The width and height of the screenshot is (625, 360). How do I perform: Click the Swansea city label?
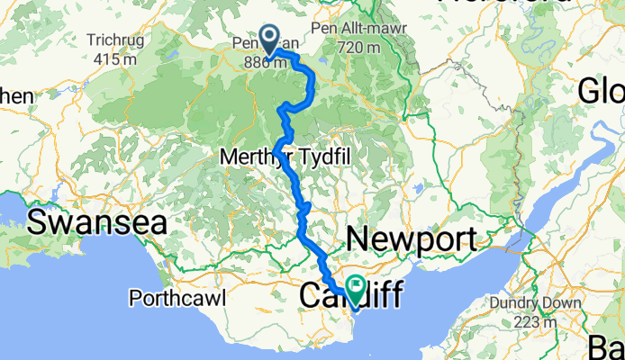(98, 221)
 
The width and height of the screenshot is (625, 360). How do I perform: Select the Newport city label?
(411, 239)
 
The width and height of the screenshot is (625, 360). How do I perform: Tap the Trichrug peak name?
(116, 40)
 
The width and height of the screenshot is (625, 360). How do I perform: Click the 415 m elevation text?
(116, 59)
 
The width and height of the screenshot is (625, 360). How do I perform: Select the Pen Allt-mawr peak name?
(358, 28)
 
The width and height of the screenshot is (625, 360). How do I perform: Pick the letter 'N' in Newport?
(358, 239)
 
